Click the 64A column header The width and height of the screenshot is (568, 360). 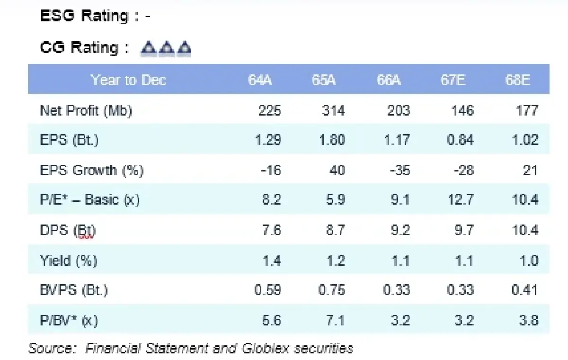260,80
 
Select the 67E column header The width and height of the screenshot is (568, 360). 453,80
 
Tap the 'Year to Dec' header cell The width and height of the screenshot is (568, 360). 128,80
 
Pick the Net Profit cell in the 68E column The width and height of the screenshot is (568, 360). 527,110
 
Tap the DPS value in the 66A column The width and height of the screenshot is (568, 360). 400,230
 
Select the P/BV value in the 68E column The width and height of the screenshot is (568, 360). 528,320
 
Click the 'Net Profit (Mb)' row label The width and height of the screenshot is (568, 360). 86,110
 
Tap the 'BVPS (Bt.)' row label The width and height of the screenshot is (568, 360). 74,289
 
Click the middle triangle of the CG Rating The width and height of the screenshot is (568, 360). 167,48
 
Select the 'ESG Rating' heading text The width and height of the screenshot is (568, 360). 84,17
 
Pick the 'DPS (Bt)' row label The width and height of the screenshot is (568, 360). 68,230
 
